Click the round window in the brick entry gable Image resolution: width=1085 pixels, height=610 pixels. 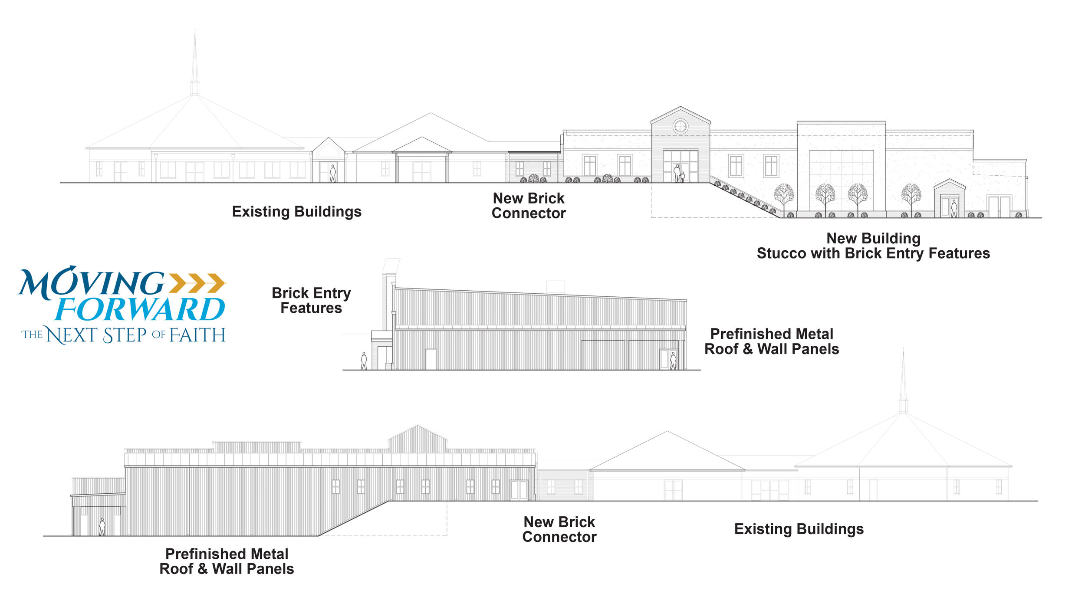tap(681, 127)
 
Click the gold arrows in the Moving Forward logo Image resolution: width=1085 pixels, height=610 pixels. tap(197, 283)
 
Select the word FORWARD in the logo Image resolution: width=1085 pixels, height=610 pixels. tap(140, 309)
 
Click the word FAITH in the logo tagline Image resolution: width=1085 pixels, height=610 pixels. tap(197, 335)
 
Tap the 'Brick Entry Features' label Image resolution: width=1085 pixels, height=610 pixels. tap(311, 300)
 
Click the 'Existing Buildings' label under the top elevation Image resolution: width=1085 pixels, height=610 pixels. tap(297, 212)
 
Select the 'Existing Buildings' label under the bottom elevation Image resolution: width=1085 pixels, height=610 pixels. tap(799, 529)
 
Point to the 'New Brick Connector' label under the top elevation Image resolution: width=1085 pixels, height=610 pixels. tap(529, 206)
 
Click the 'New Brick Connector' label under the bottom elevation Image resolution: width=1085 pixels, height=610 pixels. tap(559, 529)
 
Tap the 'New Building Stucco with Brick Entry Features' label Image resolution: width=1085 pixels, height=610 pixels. tap(873, 246)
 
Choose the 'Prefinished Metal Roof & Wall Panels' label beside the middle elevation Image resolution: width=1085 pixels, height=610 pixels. tap(772, 341)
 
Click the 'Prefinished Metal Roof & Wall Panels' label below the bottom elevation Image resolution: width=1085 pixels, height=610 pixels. tap(227, 561)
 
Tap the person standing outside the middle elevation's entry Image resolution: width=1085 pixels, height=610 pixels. tap(364, 361)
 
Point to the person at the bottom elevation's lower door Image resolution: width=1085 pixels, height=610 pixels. tap(102, 527)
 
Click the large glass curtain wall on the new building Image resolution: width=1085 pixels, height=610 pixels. tap(841, 180)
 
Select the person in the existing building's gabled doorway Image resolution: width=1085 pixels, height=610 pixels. tap(333, 174)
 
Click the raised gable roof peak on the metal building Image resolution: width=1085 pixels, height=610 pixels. tap(418, 438)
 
